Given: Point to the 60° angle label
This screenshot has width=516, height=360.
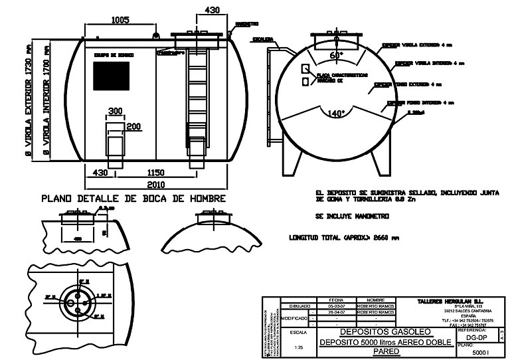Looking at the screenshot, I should point(337,56).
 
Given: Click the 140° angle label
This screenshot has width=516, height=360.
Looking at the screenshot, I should point(337,114).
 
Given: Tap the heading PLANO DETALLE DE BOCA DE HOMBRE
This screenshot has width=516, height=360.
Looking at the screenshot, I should point(133,199).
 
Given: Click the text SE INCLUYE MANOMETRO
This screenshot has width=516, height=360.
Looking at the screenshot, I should point(352,217).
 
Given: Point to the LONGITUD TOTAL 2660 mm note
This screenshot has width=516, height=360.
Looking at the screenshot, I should point(343,237).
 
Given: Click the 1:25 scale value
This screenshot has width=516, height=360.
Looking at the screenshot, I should point(298,346).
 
